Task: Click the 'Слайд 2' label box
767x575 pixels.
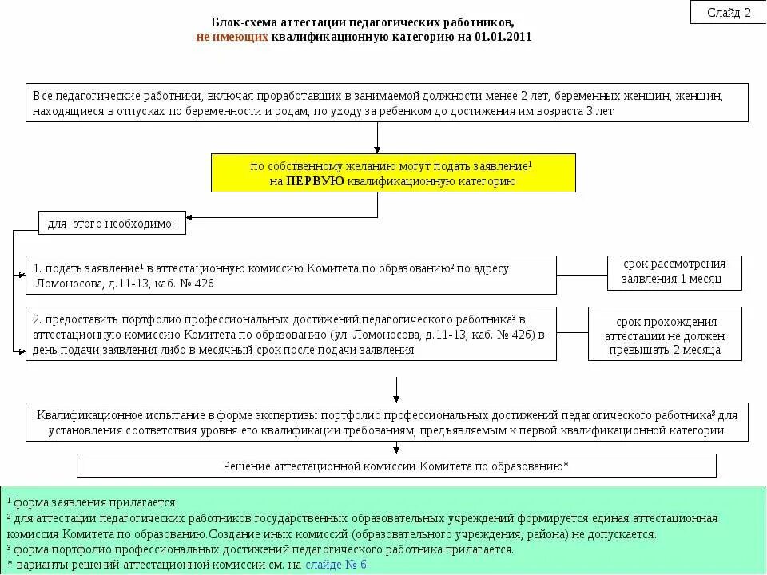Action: (729, 12)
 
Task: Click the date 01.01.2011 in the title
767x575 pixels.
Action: (503, 37)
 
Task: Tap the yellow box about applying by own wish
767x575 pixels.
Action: (393, 173)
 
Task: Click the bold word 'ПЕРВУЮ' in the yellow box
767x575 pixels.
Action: (315, 181)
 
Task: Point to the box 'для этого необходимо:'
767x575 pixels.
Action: (112, 224)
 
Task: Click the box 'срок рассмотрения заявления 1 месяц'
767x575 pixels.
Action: (674, 272)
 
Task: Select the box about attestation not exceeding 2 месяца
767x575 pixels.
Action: (665, 335)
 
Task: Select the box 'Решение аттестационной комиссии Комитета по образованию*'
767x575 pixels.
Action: (396, 466)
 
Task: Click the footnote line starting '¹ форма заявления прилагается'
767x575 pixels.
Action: (92, 502)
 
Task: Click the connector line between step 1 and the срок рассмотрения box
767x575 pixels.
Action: (581, 275)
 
